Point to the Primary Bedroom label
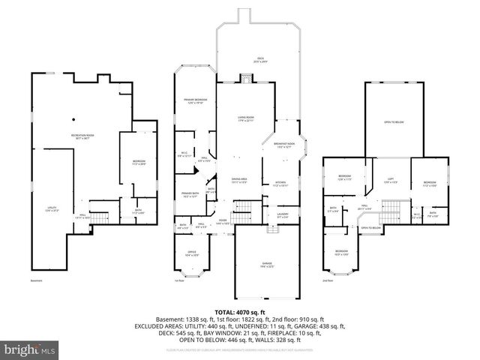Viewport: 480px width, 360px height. (x=195, y=103)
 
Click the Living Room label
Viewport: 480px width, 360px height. (x=239, y=118)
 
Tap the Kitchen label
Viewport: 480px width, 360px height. (x=280, y=184)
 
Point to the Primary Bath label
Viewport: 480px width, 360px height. (x=189, y=195)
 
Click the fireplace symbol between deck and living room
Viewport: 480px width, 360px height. (x=245, y=78)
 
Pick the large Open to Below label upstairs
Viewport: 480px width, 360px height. (x=394, y=121)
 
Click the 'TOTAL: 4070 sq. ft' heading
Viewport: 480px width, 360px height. (x=240, y=310)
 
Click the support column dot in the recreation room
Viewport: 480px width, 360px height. (x=73, y=118)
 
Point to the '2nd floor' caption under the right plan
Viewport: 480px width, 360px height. (x=328, y=280)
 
